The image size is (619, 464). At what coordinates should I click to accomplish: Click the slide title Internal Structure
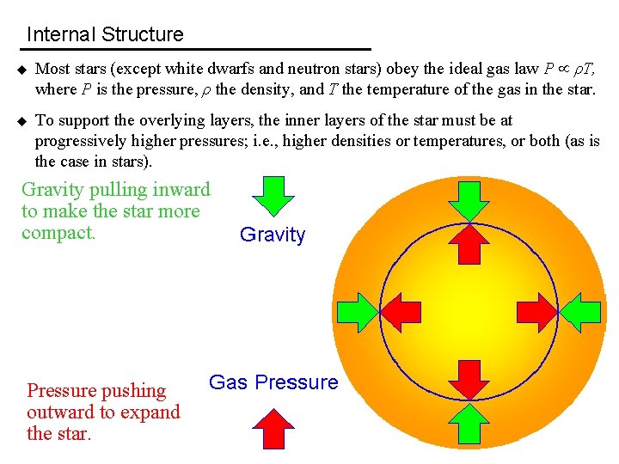pyautogui.click(x=105, y=35)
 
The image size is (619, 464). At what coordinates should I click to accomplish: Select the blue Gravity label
pyautogui.click(x=273, y=235)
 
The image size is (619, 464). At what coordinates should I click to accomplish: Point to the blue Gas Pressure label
pyautogui.click(x=273, y=383)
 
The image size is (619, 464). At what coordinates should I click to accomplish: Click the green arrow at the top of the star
pyautogui.click(x=469, y=200)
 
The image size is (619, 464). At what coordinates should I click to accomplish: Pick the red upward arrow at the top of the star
pyautogui.click(x=469, y=243)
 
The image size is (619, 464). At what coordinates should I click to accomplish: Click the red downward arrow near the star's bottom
pyautogui.click(x=469, y=380)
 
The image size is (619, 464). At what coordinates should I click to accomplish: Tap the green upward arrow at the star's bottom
pyautogui.click(x=469, y=424)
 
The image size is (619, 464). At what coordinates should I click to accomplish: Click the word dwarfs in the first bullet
pyautogui.click(x=224, y=69)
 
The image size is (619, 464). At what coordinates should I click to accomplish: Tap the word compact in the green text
pyautogui.click(x=58, y=233)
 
